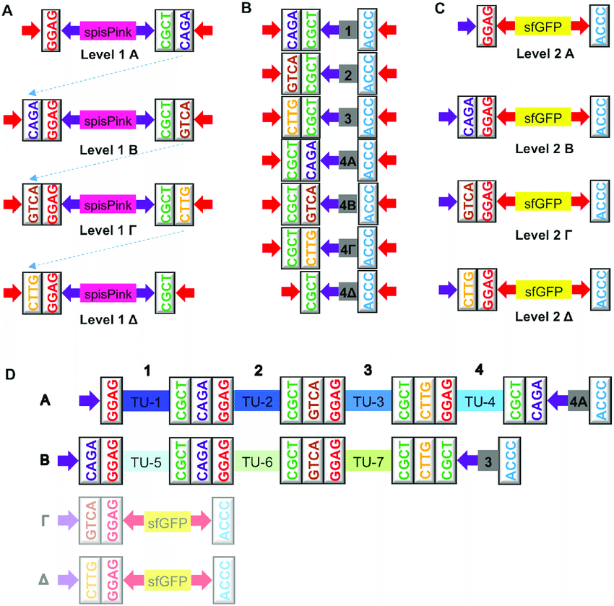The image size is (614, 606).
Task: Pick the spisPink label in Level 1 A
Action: click(108, 31)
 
